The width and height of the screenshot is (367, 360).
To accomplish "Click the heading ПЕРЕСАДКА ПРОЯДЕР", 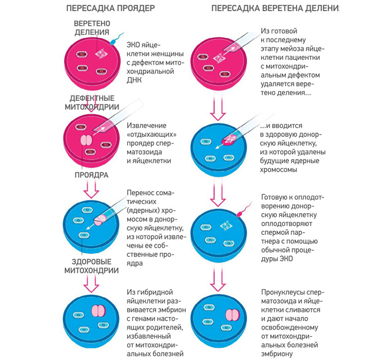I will point(109,8).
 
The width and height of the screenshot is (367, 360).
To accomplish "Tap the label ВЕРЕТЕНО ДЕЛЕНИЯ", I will point(92,28).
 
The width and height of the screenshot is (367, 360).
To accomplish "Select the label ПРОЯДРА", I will point(91,175).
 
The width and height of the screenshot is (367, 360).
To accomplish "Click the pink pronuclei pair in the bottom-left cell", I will point(98,310).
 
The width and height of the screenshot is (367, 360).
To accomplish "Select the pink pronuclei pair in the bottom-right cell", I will point(231,314).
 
